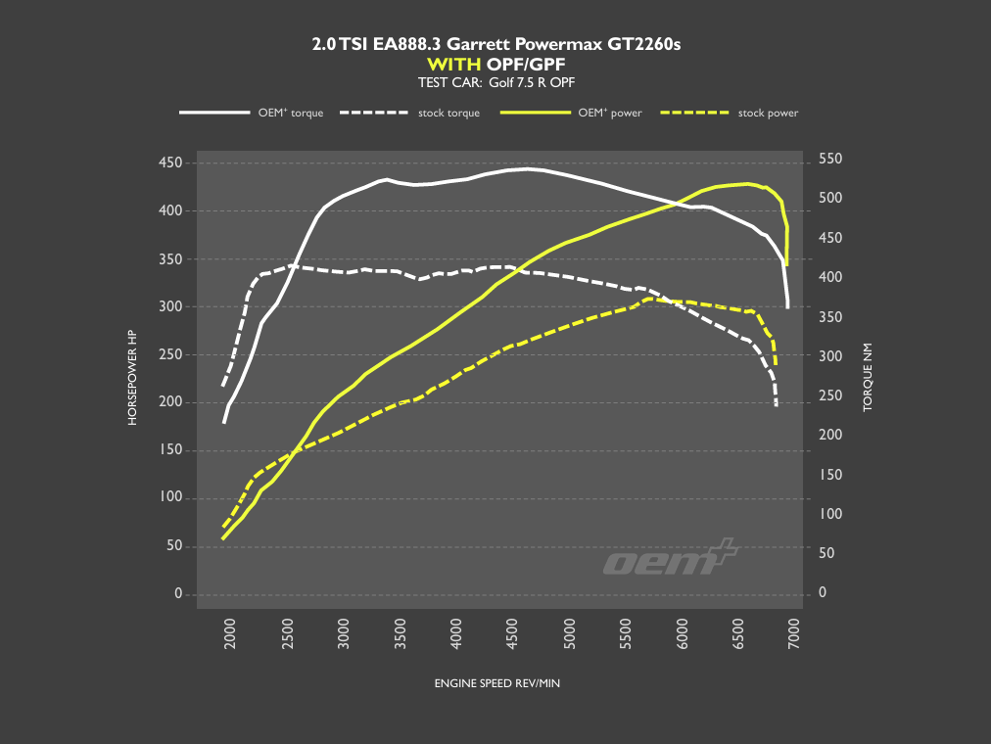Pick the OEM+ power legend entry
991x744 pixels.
click(571, 113)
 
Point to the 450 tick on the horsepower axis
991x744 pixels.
click(170, 163)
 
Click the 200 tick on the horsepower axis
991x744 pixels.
click(170, 402)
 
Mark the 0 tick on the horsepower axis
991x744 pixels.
click(178, 594)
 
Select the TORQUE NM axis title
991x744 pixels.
click(867, 376)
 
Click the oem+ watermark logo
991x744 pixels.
click(670, 559)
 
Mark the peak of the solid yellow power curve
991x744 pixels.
click(748, 183)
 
